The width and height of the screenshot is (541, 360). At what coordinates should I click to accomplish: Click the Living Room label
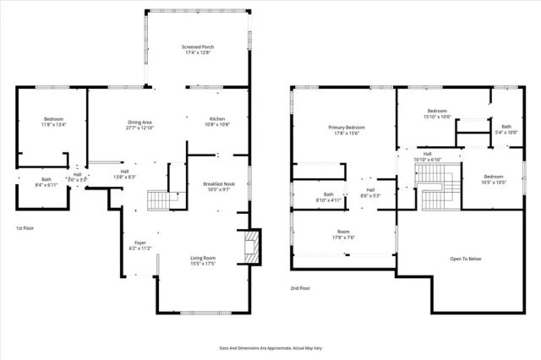pos(203,260)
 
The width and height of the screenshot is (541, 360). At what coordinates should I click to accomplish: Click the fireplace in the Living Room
pos(250,247)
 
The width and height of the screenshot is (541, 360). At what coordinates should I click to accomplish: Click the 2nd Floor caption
pos(300,288)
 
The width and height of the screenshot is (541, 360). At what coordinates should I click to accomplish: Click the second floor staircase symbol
pos(437,188)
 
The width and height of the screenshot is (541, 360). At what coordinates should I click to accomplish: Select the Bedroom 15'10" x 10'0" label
pos(437,114)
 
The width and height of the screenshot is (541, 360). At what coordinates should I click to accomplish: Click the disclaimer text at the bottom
pos(270,347)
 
